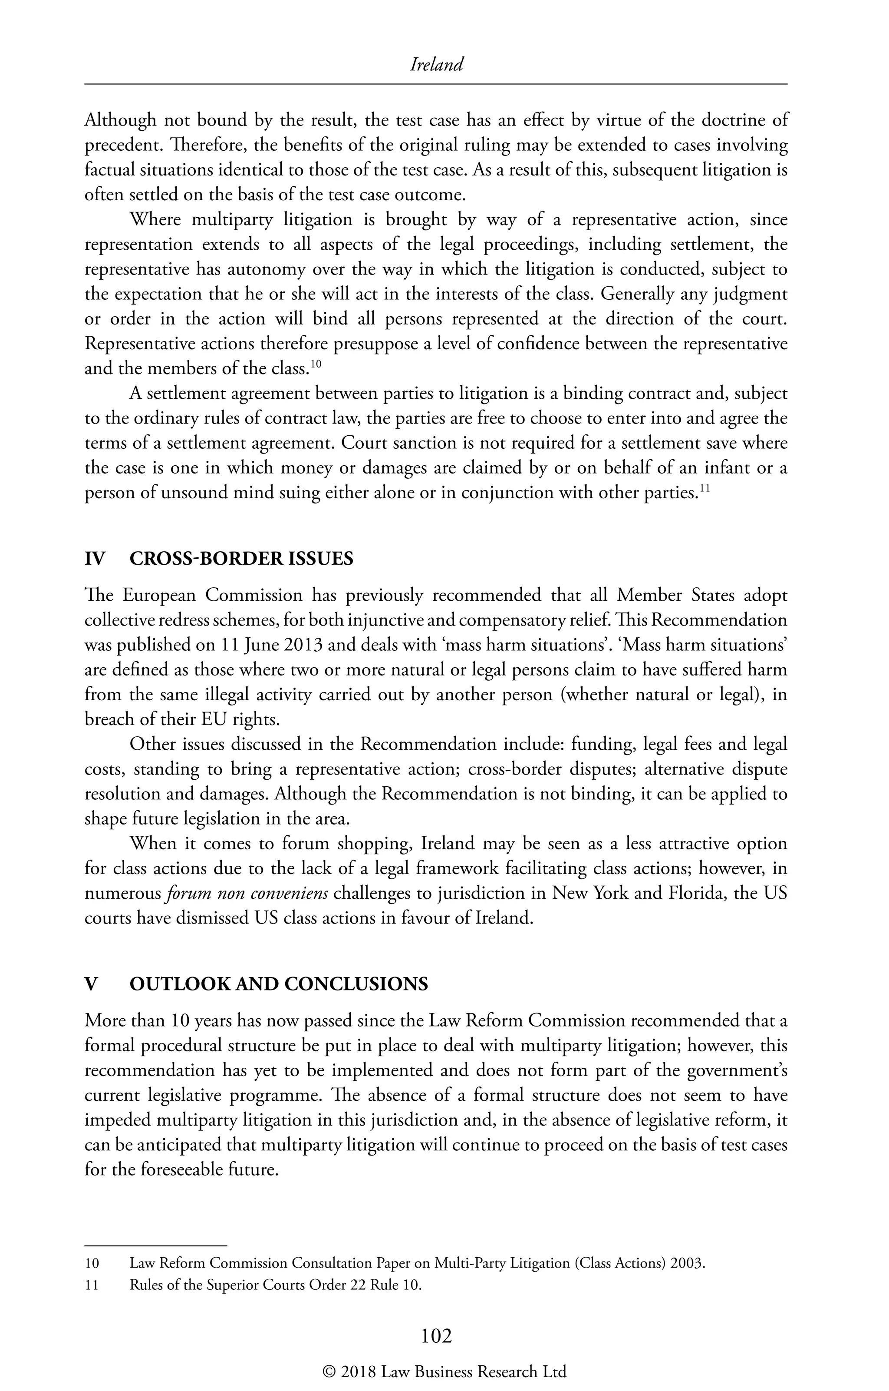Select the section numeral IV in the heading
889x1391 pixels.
(95, 559)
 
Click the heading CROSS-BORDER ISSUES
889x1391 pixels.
(241, 559)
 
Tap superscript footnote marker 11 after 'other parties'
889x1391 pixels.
(704, 489)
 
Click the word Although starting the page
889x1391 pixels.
(120, 121)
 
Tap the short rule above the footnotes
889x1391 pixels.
(156, 1245)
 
